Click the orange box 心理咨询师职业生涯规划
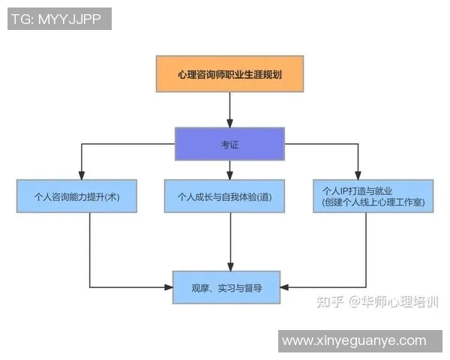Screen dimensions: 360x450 [x=229, y=73]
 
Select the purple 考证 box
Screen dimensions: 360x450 [x=229, y=144]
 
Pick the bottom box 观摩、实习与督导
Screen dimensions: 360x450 [x=226, y=286]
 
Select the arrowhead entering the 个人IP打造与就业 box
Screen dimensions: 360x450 [x=358, y=175]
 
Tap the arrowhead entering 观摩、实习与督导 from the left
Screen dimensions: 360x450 [x=169, y=286]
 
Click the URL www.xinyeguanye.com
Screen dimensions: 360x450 [x=354, y=341]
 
